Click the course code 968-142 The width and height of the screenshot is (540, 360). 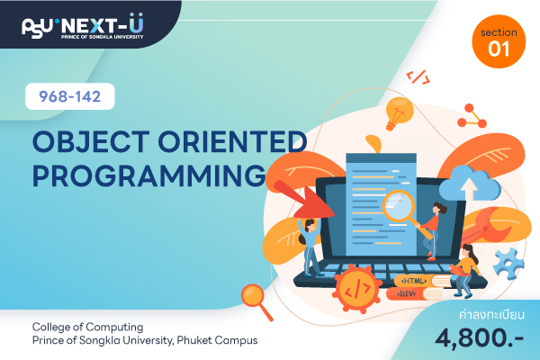point(70,96)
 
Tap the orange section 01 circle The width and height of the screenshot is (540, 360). point(499,41)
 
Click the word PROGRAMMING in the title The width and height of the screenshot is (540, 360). point(149,175)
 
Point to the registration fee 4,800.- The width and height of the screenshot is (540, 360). point(479,338)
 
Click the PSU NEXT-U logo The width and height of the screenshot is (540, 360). point(83,26)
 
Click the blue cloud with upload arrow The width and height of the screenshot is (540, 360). point(470,184)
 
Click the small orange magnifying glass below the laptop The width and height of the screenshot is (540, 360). point(256,301)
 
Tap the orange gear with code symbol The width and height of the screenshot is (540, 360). point(357,288)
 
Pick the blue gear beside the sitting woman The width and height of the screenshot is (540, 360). point(508,264)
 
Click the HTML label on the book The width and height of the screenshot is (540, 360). point(414,281)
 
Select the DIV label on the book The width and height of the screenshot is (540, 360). point(407,294)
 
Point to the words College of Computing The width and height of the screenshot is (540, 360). point(88,327)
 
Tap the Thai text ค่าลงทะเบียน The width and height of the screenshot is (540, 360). point(491,314)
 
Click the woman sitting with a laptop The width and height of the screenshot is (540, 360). point(465,271)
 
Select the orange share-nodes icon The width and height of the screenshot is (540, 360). point(472,116)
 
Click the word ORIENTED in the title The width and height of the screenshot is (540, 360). point(232,141)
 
